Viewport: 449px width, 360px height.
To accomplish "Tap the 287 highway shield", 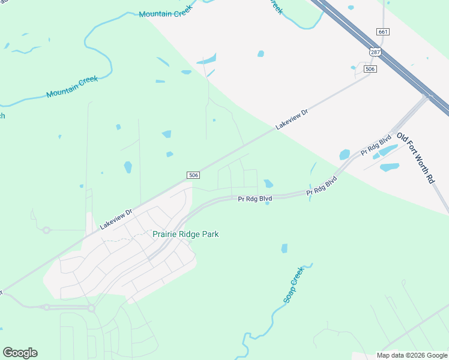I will click(x=375, y=53).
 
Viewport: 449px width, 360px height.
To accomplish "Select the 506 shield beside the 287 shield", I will click(x=370, y=70).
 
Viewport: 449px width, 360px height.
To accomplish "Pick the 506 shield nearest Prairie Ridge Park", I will click(x=193, y=175).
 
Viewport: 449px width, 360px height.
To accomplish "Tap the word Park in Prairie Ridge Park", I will click(x=210, y=234).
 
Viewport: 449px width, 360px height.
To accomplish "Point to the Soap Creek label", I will click(x=294, y=284).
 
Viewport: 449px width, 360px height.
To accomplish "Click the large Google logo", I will click(x=20, y=353).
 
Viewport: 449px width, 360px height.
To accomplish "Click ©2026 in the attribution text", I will click(x=418, y=355).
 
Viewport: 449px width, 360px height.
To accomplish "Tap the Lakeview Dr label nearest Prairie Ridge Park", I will click(x=116, y=219).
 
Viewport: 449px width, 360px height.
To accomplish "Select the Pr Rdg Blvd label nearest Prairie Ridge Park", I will click(x=255, y=199).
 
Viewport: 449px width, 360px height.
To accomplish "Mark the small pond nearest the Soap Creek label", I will click(x=284, y=248).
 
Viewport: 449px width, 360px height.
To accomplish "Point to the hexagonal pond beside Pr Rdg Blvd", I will click(x=268, y=184).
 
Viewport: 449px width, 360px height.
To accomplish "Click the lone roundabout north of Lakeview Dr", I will click(x=46, y=230).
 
